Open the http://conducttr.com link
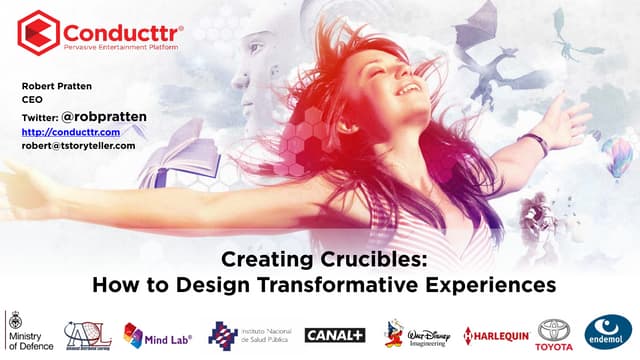click(x=70, y=132)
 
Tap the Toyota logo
click(x=555, y=332)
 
